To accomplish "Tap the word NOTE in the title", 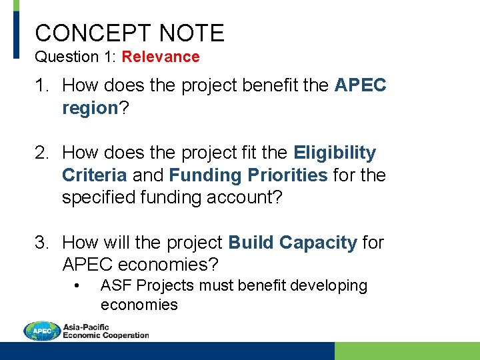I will coord(193,33).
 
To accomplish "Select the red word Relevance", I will coord(161,57).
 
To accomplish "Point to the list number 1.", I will coord(42,85).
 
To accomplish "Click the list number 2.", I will coord(42,153).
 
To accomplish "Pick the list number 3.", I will coord(42,243).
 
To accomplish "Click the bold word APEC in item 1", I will coord(360,85).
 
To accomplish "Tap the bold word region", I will coord(90,109).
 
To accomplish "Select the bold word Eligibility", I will coord(334,153).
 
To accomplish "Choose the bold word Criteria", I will coord(94,175).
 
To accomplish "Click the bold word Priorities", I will coord(288,175).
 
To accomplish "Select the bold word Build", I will coord(251,243).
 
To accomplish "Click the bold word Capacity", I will coord(318,243).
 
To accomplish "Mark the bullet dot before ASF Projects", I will coord(78,286).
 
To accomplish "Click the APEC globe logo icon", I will coord(41,331).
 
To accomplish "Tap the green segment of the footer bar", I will coord(407,351).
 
